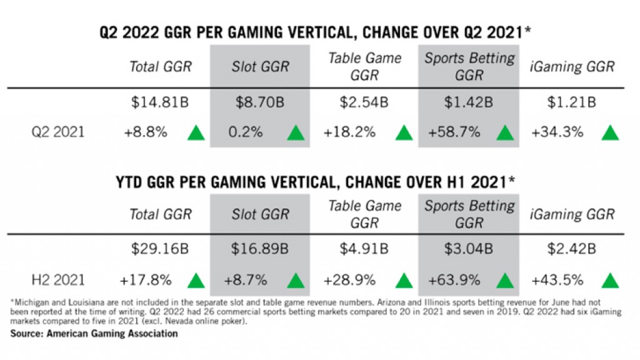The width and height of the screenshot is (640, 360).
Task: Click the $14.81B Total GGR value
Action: coord(160,102)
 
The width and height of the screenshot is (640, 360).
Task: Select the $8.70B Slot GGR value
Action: coord(261,102)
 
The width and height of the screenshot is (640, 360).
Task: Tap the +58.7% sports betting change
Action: coord(454,132)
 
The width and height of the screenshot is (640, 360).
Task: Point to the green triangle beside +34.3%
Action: coord(609,132)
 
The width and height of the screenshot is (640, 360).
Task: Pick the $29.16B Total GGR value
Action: coord(160,249)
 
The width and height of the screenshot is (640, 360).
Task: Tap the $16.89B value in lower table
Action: coord(261,249)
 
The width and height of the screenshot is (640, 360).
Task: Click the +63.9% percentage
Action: coord(454,279)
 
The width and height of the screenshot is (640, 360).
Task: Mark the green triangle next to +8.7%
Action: coord(296,280)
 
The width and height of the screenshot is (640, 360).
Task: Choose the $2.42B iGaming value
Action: coord(571,249)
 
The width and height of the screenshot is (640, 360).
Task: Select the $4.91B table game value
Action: coord(364,249)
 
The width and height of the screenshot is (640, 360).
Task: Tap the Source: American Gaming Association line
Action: coord(94,334)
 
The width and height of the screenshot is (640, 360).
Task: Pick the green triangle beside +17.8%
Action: coord(196,280)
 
